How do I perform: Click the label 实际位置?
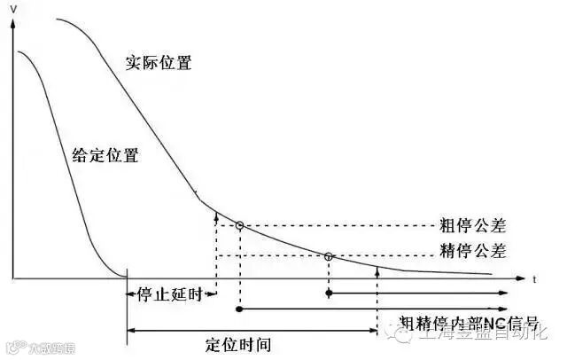(x=159, y=63)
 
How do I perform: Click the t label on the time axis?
(x=535, y=278)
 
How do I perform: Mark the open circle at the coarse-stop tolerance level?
(x=239, y=226)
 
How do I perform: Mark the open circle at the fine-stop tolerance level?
(x=329, y=256)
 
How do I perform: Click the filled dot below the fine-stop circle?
(x=329, y=292)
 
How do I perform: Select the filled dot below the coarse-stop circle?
(x=239, y=309)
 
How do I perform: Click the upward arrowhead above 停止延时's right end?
(x=216, y=212)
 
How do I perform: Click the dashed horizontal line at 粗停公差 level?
(x=337, y=225)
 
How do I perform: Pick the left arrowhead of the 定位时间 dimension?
(x=131, y=330)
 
